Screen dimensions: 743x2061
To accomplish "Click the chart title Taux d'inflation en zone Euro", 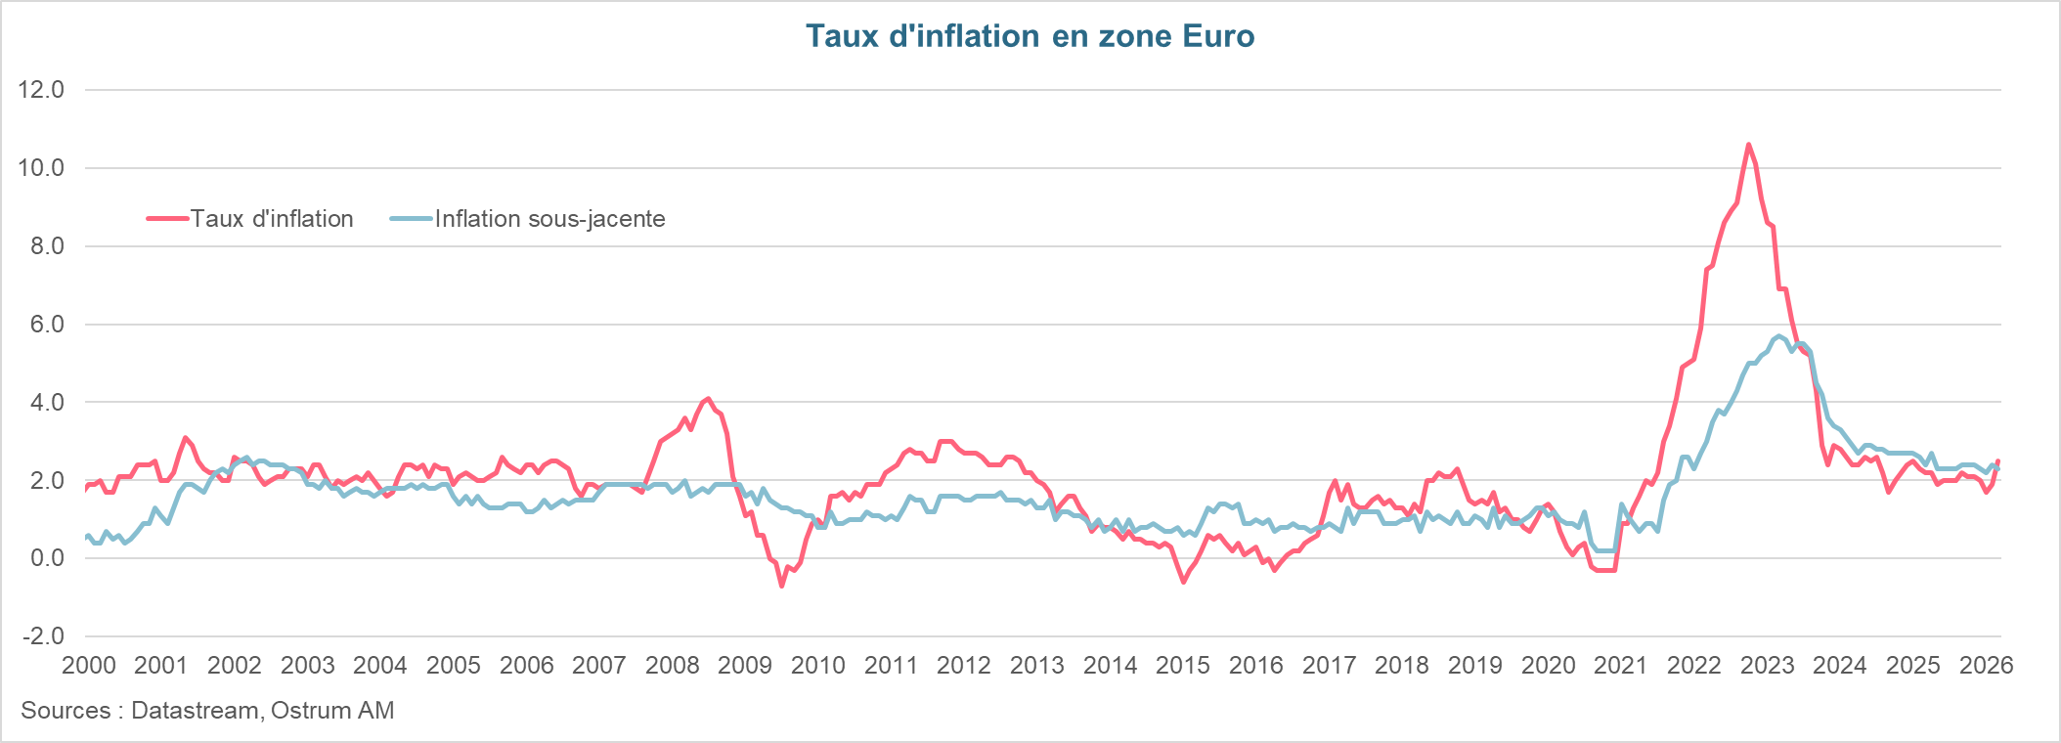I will click(1030, 36).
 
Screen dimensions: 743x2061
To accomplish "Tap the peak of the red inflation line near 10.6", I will click(1748, 145).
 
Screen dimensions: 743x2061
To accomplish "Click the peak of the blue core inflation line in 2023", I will click(1778, 335).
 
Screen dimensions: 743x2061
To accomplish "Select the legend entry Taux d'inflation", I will click(271, 219).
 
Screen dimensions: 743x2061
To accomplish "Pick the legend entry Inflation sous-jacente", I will click(549, 219).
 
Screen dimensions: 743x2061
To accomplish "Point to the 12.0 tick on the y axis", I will click(41, 90).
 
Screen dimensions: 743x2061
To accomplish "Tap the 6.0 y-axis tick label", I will click(41, 325).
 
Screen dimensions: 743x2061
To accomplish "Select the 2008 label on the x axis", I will click(673, 666).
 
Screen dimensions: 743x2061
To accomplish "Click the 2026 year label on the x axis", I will click(1986, 666).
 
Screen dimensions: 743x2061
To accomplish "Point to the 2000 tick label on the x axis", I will click(89, 666).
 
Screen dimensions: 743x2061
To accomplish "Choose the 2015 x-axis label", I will click(1183, 666).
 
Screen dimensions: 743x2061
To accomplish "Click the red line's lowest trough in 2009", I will click(781, 586).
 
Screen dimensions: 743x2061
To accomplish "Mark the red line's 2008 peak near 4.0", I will click(708, 399).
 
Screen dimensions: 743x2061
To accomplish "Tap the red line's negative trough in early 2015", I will click(1184, 582).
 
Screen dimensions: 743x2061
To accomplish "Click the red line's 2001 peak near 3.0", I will click(185, 438).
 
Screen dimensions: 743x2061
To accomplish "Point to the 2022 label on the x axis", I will click(1694, 666).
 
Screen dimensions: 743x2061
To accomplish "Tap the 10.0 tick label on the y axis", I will click(41, 168).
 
